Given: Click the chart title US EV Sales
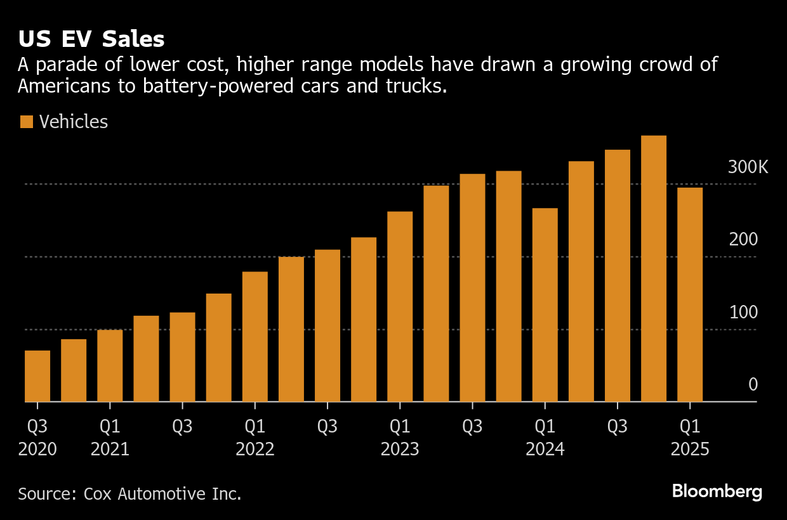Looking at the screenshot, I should pyautogui.click(x=91, y=39).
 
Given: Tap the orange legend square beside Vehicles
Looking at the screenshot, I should pyautogui.click(x=26, y=122).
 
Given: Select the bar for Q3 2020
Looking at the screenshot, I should pyautogui.click(x=37, y=376).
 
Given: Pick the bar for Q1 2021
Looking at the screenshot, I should pyautogui.click(x=110, y=366).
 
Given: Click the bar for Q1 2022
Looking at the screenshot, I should pyautogui.click(x=255, y=337).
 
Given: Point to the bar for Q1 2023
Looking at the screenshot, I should pyautogui.click(x=400, y=306).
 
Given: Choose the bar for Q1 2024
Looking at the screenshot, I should pyautogui.click(x=545, y=305).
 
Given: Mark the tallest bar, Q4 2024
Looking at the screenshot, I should pyautogui.click(x=654, y=269).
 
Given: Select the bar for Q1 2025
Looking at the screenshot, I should pyautogui.click(x=690, y=295).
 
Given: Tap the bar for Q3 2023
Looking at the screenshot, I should pyautogui.click(x=472, y=288).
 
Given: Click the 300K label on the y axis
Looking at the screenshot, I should pyautogui.click(x=748, y=167).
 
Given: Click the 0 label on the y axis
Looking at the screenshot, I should pyautogui.click(x=753, y=385).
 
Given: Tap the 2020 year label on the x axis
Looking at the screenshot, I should pyautogui.click(x=37, y=450).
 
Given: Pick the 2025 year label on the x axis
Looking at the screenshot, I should pyautogui.click(x=690, y=450).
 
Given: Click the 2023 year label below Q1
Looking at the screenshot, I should pyautogui.click(x=400, y=450).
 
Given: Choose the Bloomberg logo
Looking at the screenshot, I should pyautogui.click(x=717, y=491).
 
